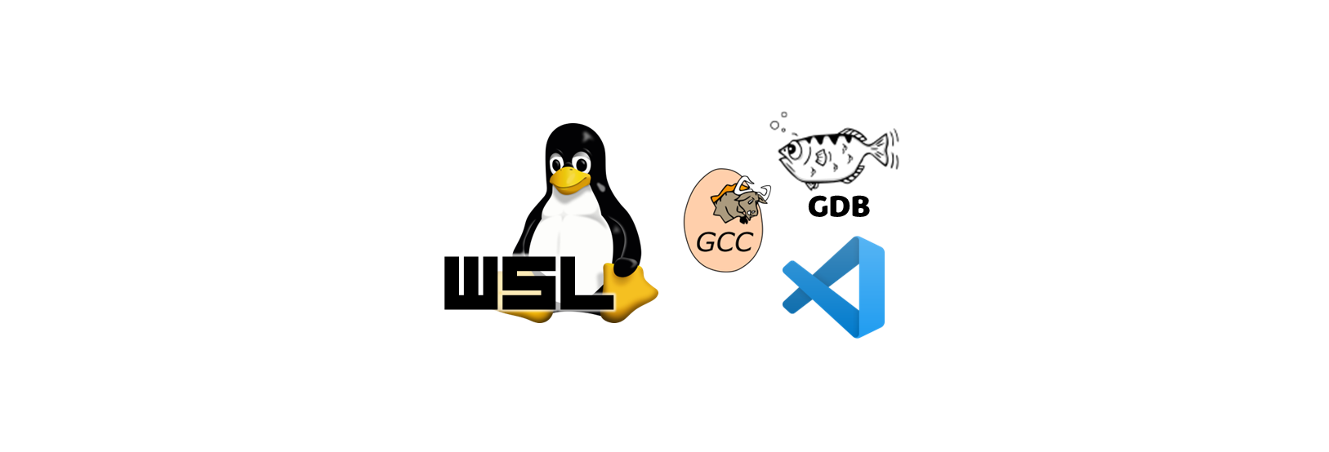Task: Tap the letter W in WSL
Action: (471, 283)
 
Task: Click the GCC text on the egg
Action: (724, 242)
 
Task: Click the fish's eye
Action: (793, 148)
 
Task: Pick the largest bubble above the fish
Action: (774, 126)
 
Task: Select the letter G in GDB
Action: (819, 206)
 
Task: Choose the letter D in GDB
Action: (840, 206)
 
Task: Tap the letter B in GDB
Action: (859, 206)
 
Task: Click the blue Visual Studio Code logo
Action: (837, 287)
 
